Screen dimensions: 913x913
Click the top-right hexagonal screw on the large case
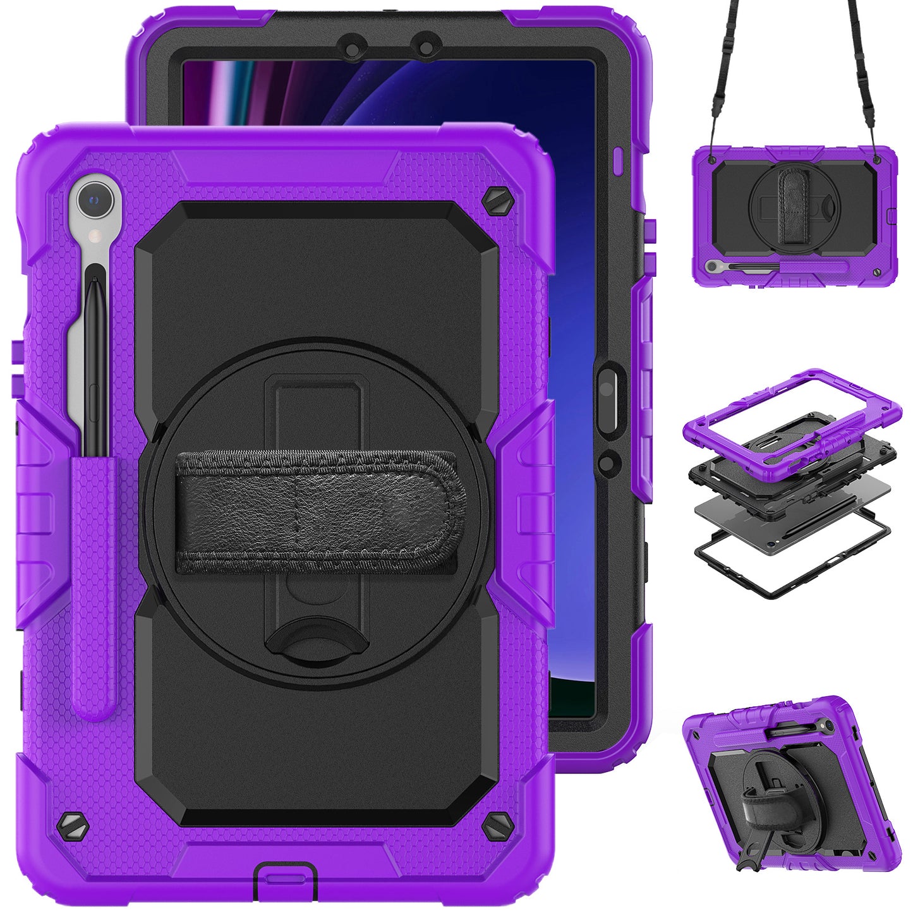[493, 202]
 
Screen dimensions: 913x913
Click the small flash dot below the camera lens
[96, 236]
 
